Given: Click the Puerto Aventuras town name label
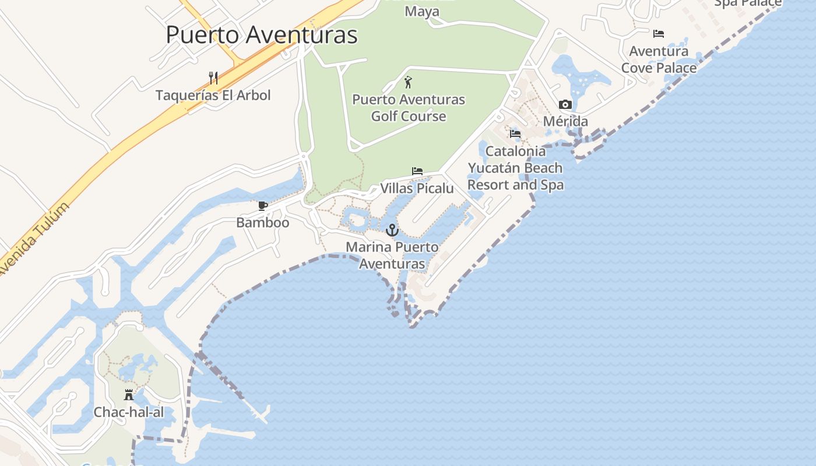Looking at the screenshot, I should pos(262,35).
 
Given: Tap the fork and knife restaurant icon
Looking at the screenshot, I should pos(213,77).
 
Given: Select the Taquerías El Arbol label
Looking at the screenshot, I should pos(213,95).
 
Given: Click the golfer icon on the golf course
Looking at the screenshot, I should pos(408,82).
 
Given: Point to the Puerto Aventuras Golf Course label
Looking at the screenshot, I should pos(409,108).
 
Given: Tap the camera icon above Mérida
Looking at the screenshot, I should pos(565,105).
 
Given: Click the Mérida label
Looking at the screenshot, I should pos(565,122).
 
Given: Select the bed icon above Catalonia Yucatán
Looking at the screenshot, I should pos(515,134).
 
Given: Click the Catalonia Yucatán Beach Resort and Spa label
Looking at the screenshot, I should pos(515,168).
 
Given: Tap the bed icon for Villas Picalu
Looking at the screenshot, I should pos(417,171).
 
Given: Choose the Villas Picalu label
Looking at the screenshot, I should pos(417,188).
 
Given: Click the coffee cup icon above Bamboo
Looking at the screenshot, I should pos(263,206).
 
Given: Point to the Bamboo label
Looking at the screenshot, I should pos(262,223).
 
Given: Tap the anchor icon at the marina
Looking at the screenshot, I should pos(392,230).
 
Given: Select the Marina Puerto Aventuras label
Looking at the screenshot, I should pos(392,255).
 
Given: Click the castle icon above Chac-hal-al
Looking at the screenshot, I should pos(129,395).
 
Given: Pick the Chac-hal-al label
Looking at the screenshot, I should pos(129,412).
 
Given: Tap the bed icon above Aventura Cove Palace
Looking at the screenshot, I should pos(659,34).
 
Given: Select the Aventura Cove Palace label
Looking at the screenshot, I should pos(659,59).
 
